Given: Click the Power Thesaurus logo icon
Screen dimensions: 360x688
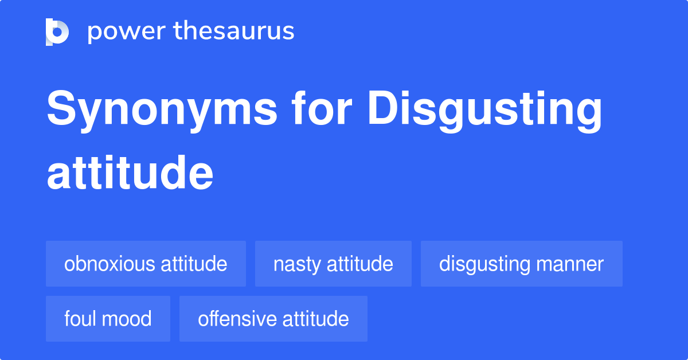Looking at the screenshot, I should pyautogui.click(x=57, y=32).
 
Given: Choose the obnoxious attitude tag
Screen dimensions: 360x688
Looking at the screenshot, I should pyautogui.click(x=146, y=264).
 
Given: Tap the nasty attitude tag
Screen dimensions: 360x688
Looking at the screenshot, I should pyautogui.click(x=333, y=264).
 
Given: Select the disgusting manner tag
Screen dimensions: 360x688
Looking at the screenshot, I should pyautogui.click(x=521, y=264).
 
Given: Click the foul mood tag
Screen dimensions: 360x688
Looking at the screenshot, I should pyautogui.click(x=108, y=319).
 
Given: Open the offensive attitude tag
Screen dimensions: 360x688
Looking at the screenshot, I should pyautogui.click(x=273, y=319).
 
